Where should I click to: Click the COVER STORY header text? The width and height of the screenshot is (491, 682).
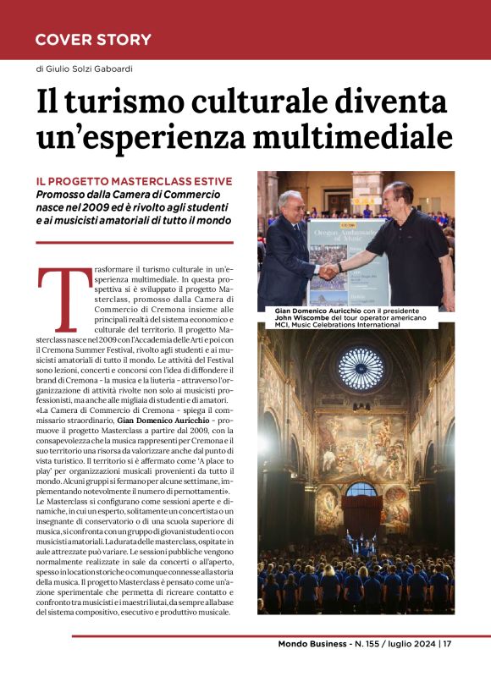(93, 40)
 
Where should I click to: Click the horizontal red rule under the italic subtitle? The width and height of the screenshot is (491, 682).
(134, 243)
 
